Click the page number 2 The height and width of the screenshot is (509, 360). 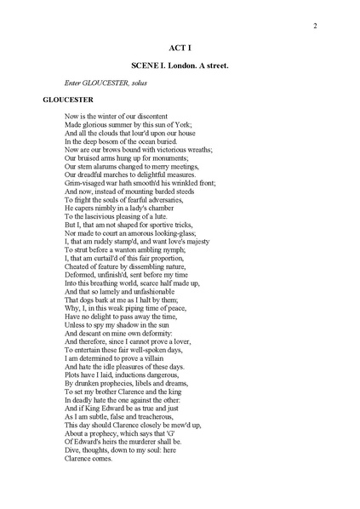point(315,25)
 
